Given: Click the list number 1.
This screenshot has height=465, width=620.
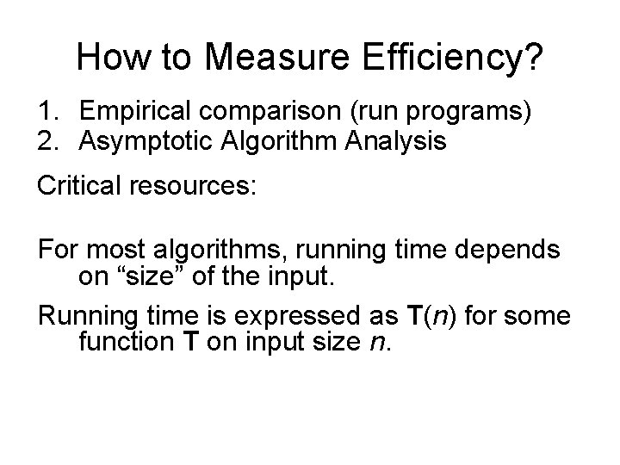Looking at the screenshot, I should click(47, 113).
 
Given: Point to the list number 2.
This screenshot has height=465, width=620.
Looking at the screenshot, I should click(47, 141).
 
